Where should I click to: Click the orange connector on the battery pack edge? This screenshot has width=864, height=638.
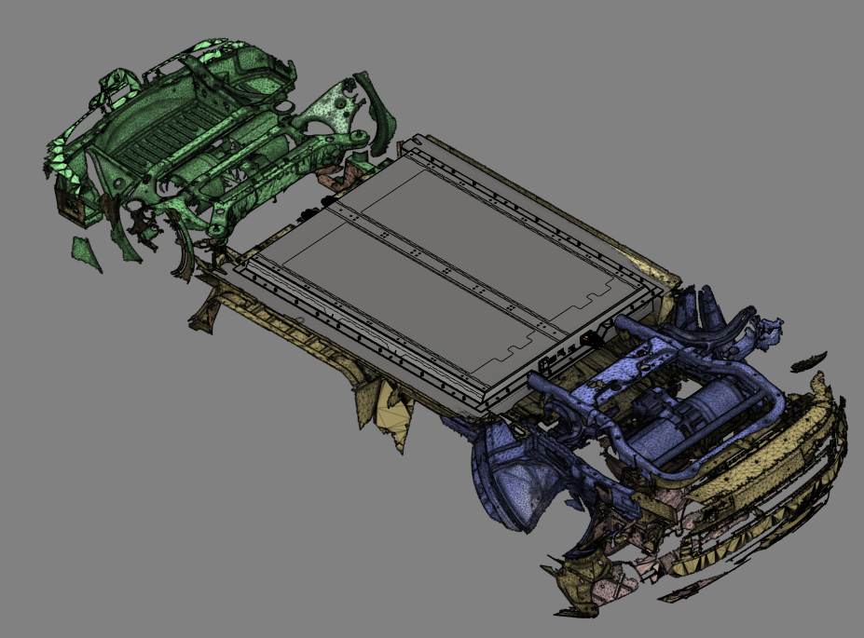588,341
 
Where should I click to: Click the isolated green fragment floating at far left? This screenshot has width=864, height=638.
86,253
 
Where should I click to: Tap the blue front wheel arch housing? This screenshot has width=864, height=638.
508,475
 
